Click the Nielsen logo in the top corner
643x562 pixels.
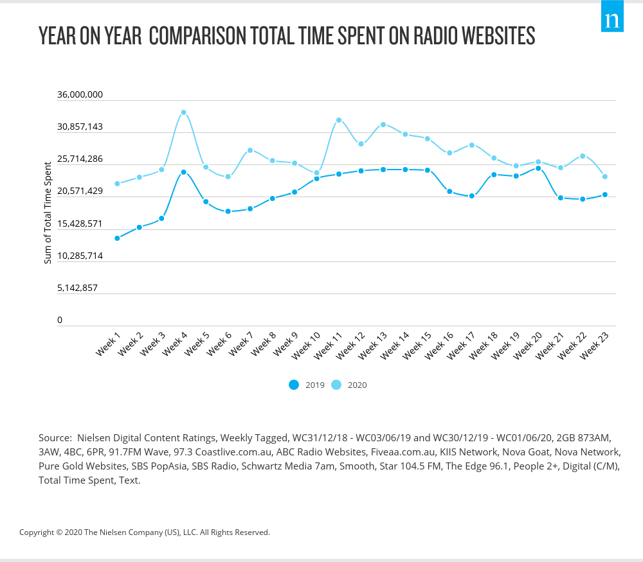click(612, 21)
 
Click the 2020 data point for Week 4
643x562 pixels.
click(183, 112)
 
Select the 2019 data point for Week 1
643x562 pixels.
click(117, 238)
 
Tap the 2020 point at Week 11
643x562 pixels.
click(338, 120)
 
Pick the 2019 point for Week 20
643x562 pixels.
click(538, 168)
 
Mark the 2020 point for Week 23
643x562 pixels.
click(605, 177)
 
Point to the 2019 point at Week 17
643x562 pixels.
click(471, 196)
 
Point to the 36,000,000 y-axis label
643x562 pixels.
click(80, 94)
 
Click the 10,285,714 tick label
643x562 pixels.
click(80, 256)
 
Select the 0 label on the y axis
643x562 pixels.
click(60, 320)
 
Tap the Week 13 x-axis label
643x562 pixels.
click(374, 345)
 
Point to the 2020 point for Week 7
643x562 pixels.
click(250, 150)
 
